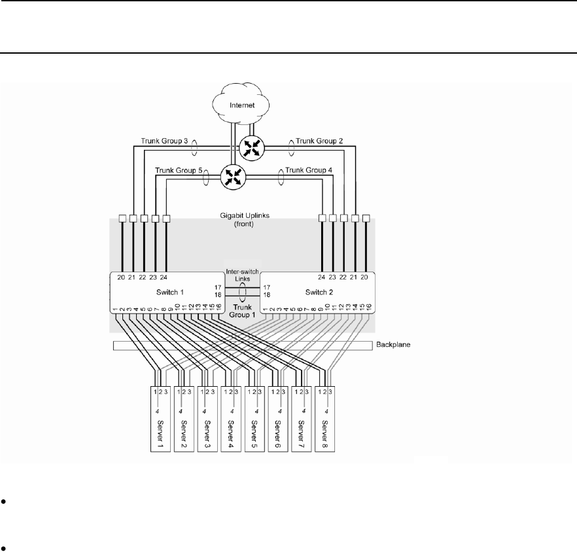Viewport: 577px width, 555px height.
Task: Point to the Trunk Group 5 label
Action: click(x=179, y=171)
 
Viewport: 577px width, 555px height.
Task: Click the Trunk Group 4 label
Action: click(x=309, y=171)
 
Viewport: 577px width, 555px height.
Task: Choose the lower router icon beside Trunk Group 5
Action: click(x=232, y=176)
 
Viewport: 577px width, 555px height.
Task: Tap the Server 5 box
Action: click(x=255, y=418)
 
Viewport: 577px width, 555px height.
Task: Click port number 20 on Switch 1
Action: click(x=121, y=277)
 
